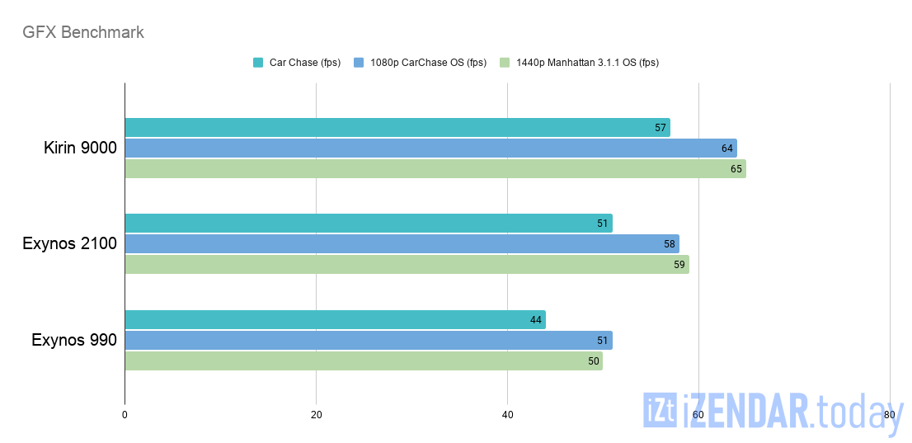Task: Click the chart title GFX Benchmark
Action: point(83,33)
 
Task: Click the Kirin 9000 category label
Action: point(80,148)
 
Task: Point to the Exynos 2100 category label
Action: point(70,244)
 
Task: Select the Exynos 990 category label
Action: point(74,340)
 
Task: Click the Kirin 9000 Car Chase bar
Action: point(397,128)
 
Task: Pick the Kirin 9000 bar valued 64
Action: point(430,148)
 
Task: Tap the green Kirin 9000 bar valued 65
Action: point(435,169)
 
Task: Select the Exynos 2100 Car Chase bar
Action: point(368,224)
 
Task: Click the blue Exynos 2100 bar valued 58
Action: point(402,244)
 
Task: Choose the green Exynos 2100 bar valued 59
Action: point(407,265)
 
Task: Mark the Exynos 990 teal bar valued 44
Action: point(335,320)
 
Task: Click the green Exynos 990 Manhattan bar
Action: point(363,361)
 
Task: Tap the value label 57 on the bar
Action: point(660,128)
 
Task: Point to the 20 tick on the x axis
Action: point(316,415)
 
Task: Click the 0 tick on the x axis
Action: point(125,415)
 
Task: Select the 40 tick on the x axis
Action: point(507,415)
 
